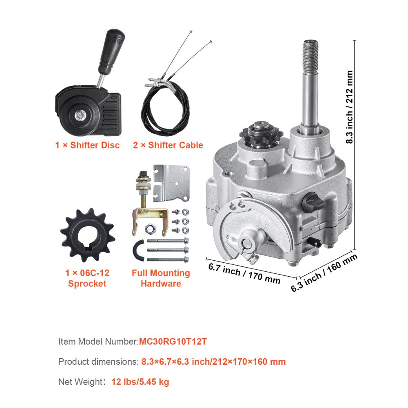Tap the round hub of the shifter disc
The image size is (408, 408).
click(80, 115)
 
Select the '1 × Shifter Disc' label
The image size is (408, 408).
click(88, 145)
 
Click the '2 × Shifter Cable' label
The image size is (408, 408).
click(168, 145)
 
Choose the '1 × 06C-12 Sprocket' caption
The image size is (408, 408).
click(87, 278)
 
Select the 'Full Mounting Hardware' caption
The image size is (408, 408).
click(161, 278)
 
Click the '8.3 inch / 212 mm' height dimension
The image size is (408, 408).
click(350, 107)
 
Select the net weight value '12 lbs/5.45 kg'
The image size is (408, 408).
click(140, 382)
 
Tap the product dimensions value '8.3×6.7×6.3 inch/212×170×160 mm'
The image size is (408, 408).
click(213, 361)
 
